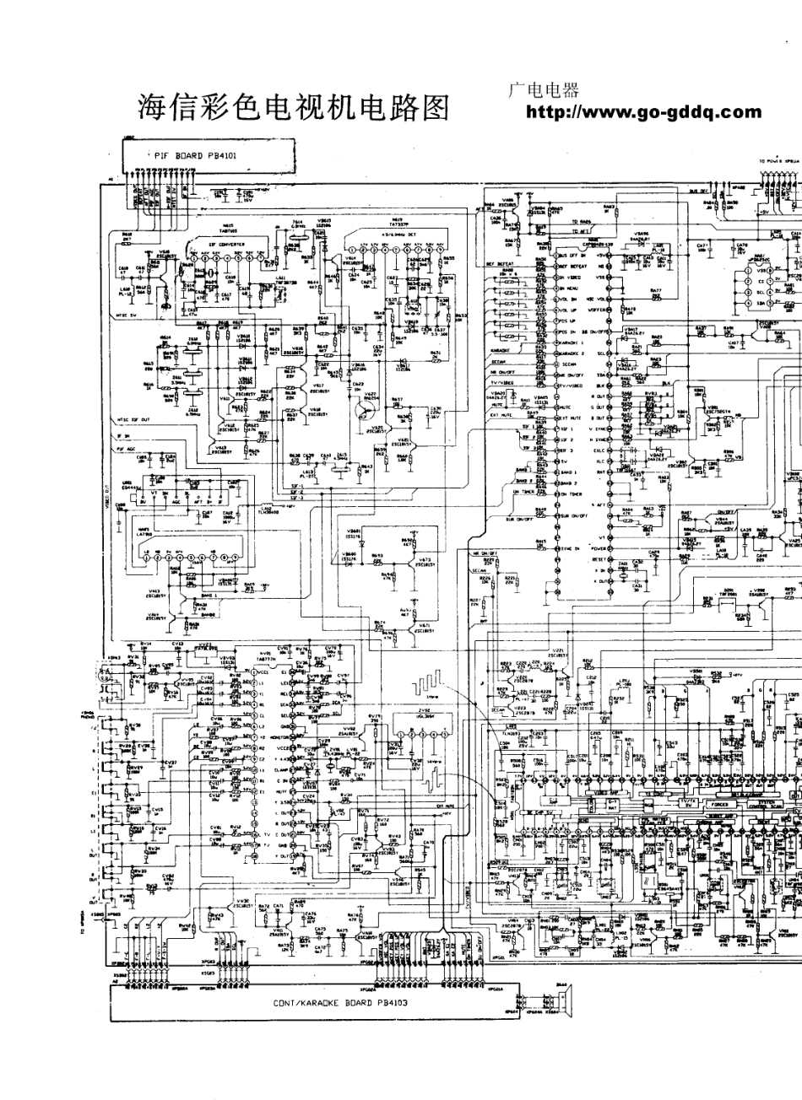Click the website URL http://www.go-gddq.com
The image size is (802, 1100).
[x=644, y=112]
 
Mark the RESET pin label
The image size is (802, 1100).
[x=600, y=558]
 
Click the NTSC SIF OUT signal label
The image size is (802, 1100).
[x=134, y=418]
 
